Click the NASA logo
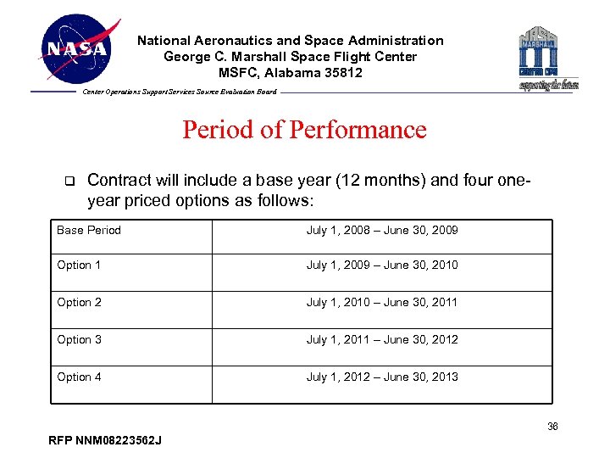coord(77,49)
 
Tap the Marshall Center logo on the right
coord(548,57)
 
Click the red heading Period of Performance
coord(304,130)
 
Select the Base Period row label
coord(89,231)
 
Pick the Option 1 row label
coord(79,265)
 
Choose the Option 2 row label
coord(79,303)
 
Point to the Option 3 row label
coord(79,340)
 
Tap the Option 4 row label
coord(79,377)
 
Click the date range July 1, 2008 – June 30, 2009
coord(382,231)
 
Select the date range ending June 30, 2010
coord(382,265)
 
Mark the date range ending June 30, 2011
coord(382,303)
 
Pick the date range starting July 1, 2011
coord(382,340)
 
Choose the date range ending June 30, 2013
coord(382,377)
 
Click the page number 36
coord(552,427)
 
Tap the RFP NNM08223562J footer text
coord(107,440)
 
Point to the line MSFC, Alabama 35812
coord(291,72)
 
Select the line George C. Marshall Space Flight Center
coord(291,56)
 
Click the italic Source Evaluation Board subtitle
coord(180,92)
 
